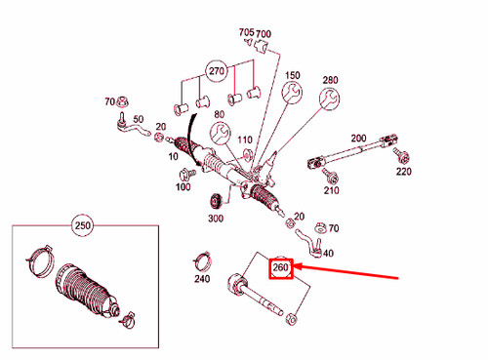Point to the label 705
pos(246,32)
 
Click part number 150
pos(292,75)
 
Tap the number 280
pos(330,79)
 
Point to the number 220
pos(403,172)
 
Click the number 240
pos(202,278)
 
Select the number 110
pos(244,140)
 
